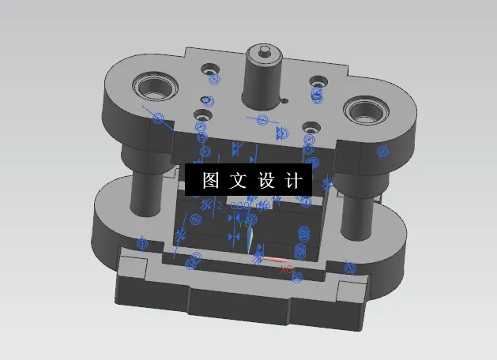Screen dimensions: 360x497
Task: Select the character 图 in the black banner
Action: (212, 180)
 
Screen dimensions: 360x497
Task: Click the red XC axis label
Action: (287, 269)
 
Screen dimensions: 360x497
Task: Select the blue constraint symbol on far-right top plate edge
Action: (383, 151)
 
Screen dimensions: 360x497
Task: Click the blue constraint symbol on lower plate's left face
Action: (142, 243)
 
